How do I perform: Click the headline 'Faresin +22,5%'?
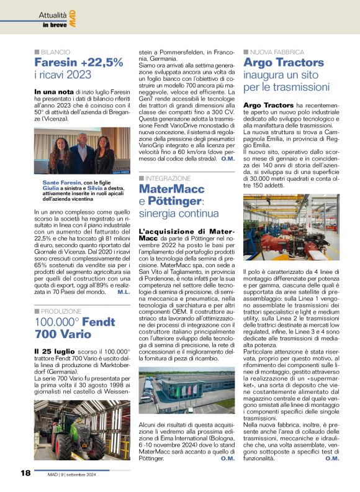78,63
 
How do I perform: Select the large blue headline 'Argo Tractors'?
284,63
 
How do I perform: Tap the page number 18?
25,473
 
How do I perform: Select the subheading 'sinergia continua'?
179,214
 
